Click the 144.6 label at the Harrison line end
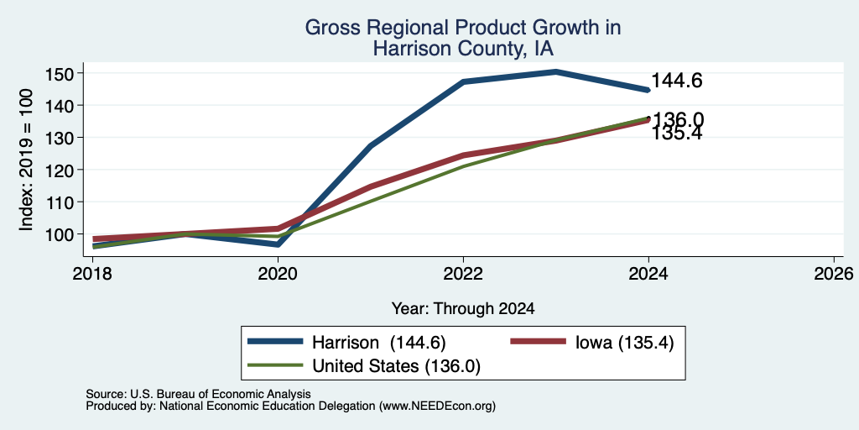[x=677, y=81]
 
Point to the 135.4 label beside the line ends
[x=677, y=134]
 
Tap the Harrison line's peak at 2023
[x=555, y=71]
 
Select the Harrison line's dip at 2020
[x=278, y=244]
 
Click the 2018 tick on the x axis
[x=92, y=274]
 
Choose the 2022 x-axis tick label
[x=463, y=274]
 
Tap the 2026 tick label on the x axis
[x=834, y=274]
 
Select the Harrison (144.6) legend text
[x=379, y=343]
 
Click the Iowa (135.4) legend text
[x=624, y=343]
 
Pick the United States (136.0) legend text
[x=396, y=366]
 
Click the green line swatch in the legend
[x=275, y=365]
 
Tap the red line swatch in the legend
[x=538, y=342]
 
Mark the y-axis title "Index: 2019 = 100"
[x=26, y=160]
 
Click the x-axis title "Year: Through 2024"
[x=463, y=309]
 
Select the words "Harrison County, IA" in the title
[x=463, y=50]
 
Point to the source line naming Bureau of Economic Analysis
[x=198, y=394]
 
